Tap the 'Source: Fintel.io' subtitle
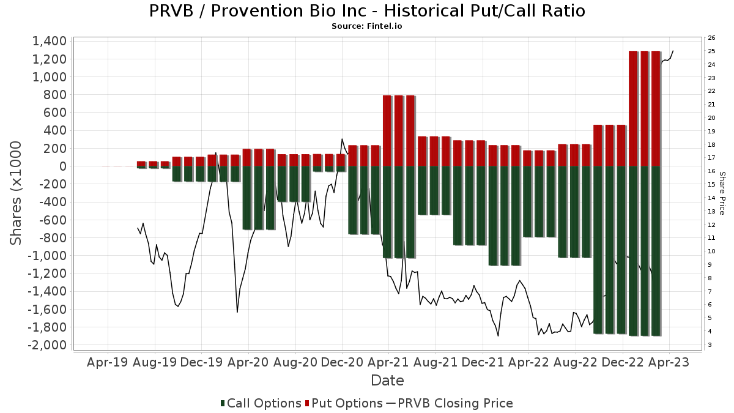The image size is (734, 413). tap(367, 26)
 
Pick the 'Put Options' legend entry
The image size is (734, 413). tap(347, 403)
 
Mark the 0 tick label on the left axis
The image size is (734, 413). tap(61, 166)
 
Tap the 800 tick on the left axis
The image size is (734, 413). tap(54, 95)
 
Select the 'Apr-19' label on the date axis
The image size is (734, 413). tap(108, 362)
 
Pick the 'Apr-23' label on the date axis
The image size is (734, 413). tap(669, 362)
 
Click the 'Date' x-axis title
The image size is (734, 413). tap(387, 381)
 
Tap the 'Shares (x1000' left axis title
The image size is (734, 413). tap(17, 193)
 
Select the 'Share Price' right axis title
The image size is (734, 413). tap(722, 193)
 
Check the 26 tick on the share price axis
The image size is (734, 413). tap(712, 38)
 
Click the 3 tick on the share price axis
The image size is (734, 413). tap(710, 345)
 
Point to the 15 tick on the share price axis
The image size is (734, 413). tap(712, 185)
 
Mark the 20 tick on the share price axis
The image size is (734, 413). tap(712, 118)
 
